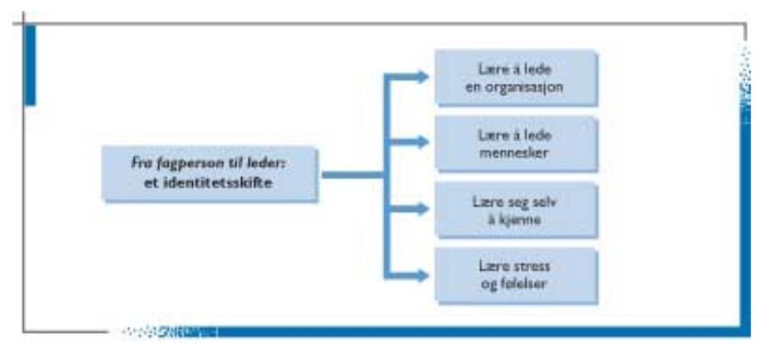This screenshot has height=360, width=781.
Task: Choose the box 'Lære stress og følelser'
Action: [516, 275]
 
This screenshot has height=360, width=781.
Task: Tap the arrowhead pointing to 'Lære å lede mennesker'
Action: [422, 142]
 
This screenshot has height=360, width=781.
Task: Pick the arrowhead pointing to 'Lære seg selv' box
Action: [422, 208]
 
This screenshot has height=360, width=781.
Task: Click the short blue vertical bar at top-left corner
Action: [30, 65]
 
